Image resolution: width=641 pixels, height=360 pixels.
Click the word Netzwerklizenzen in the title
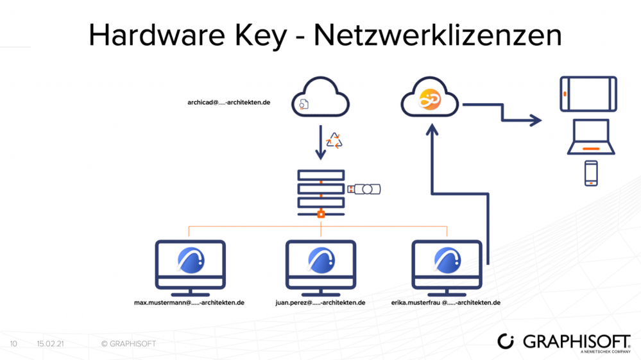tap(438, 36)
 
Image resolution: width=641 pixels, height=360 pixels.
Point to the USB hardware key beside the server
tap(364, 189)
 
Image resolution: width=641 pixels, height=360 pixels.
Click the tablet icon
tap(588, 94)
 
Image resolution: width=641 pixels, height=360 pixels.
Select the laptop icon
tap(591, 139)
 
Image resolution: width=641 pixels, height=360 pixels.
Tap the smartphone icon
tap(591, 173)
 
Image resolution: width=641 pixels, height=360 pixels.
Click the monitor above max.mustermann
tap(190, 264)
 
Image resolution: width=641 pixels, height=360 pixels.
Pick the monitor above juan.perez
tap(320, 264)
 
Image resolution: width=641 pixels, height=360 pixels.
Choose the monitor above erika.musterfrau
tap(447, 264)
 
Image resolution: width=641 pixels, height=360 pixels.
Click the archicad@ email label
tap(228, 102)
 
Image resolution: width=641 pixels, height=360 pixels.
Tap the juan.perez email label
tap(320, 302)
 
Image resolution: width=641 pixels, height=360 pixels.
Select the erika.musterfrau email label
tap(445, 302)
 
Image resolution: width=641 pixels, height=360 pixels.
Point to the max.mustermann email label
tap(189, 302)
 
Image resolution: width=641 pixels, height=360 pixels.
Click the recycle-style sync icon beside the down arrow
tap(334, 141)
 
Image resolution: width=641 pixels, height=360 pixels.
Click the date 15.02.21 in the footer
tap(50, 344)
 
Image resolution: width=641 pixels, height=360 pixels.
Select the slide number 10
tap(13, 344)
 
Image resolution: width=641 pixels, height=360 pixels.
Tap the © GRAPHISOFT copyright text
tap(128, 344)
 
